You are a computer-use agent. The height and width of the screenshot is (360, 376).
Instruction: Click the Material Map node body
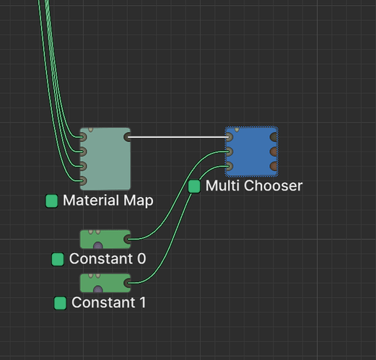pyautogui.click(x=105, y=159)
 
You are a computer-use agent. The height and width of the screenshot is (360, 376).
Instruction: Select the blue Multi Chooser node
pyautogui.click(x=252, y=152)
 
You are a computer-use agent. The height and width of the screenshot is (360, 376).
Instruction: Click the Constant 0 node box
pyautogui.click(x=105, y=240)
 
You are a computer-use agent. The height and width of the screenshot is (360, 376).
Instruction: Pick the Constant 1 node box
pyautogui.click(x=105, y=283)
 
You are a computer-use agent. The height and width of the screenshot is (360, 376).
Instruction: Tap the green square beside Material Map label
pyautogui.click(x=52, y=201)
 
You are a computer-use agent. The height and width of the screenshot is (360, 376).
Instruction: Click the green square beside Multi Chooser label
pyautogui.click(x=194, y=186)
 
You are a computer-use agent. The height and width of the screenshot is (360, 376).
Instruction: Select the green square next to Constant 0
pyautogui.click(x=58, y=259)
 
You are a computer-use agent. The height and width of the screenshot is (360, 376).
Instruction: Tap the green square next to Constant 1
pyautogui.click(x=60, y=303)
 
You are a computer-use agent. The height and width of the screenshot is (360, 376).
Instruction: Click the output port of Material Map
pyautogui.click(x=127, y=137)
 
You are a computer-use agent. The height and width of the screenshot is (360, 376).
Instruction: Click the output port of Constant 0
pyautogui.click(x=127, y=240)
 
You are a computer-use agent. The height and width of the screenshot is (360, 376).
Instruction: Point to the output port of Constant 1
pyautogui.click(x=127, y=283)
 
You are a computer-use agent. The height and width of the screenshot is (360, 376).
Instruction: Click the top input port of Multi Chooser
pyautogui.click(x=229, y=137)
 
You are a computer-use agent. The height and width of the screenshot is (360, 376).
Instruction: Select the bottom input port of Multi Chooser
pyautogui.click(x=229, y=166)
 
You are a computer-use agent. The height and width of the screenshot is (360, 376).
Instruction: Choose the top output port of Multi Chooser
pyautogui.click(x=274, y=137)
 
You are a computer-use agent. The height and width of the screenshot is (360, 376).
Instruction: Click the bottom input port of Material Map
pyautogui.click(x=83, y=180)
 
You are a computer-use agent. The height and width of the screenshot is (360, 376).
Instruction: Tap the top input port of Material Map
pyautogui.click(x=83, y=137)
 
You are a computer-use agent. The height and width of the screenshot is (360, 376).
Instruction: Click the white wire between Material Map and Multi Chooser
pyautogui.click(x=178, y=137)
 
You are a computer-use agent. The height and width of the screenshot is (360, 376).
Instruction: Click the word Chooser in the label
pyautogui.click(x=274, y=186)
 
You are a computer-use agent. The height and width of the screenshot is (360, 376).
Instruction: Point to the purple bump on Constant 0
pyautogui.click(x=98, y=245)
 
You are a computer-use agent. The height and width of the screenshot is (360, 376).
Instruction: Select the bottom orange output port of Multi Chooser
pyautogui.click(x=274, y=166)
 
